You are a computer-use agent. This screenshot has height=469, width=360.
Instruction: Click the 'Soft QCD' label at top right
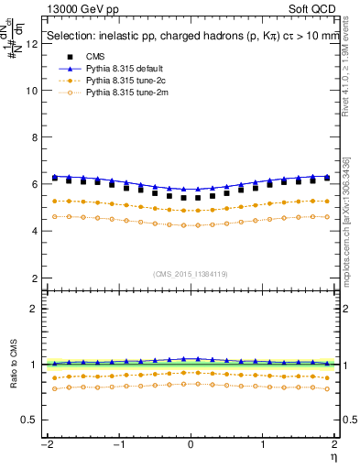point(312,8)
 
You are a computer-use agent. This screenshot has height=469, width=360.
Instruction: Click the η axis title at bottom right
point(334,456)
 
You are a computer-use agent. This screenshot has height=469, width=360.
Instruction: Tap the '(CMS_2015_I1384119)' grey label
point(191,274)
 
